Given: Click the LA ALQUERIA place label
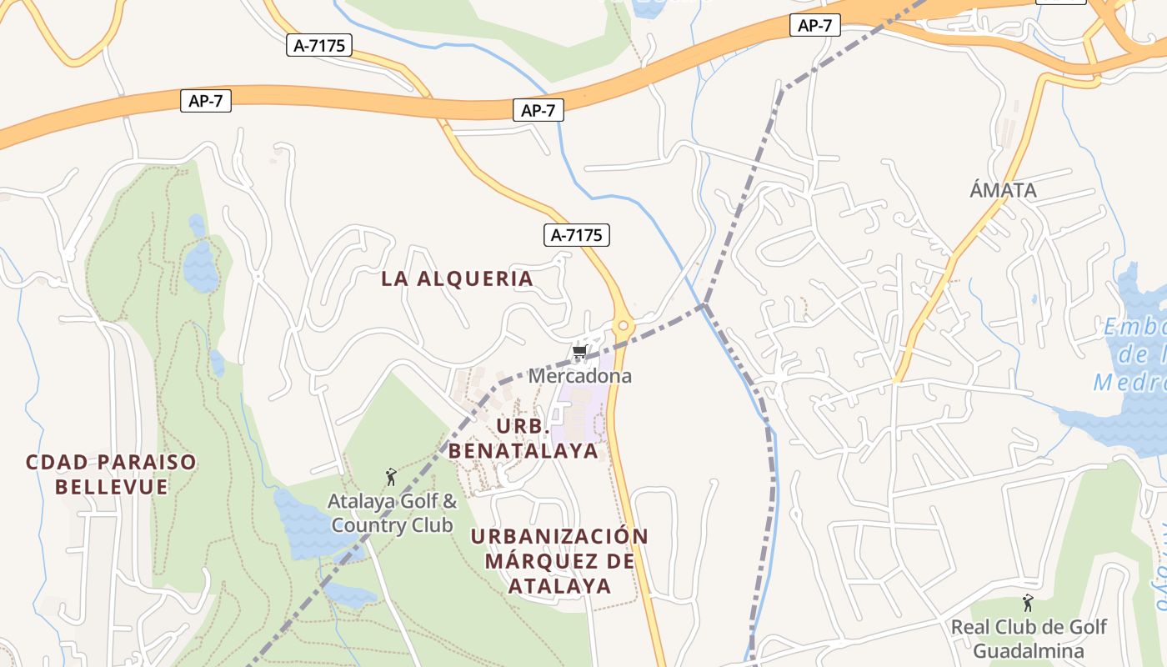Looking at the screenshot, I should point(457,279).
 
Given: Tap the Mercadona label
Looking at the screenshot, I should point(580,376).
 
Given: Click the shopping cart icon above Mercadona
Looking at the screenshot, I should point(580,353).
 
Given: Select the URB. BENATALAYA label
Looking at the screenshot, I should point(523,439).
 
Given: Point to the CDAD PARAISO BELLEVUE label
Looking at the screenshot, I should point(112,474).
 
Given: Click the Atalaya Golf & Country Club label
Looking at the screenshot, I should point(392,514).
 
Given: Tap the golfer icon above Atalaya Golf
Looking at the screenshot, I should point(391,478).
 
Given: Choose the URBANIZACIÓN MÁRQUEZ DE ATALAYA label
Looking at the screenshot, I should point(559,560).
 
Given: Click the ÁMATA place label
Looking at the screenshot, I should point(1003,190).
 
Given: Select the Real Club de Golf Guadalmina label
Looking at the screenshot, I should point(1029,639).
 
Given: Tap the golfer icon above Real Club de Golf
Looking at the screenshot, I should point(1028,603).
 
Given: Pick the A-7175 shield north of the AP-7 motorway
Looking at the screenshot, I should point(320,46).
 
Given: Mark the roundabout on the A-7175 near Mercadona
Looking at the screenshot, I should point(622,325).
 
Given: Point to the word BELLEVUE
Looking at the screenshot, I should point(112,486).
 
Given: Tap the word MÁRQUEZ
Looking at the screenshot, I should point(559,560).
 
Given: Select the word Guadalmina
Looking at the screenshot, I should point(1029,651).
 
